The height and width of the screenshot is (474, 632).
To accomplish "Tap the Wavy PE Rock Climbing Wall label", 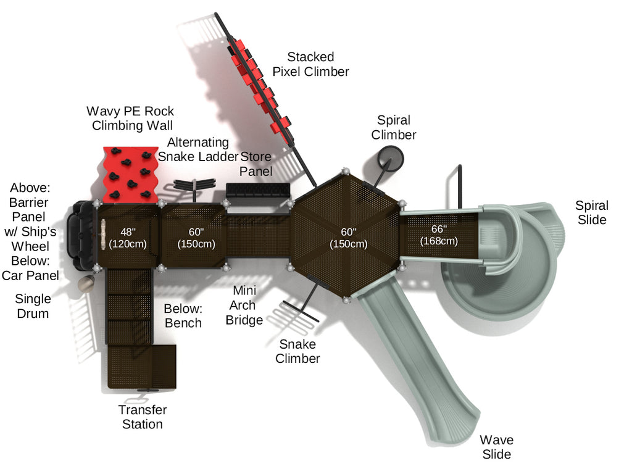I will point(130,118).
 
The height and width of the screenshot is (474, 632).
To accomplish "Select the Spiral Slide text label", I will point(591,212).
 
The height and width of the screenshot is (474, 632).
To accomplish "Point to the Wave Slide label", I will point(496,447).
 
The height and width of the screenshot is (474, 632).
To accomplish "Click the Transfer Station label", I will point(143,417).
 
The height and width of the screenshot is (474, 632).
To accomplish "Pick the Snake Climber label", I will point(297,351).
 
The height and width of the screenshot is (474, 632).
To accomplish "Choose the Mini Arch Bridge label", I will point(244,305).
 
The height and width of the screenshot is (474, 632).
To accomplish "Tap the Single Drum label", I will point(33,306).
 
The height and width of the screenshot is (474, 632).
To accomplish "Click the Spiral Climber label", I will point(394,127).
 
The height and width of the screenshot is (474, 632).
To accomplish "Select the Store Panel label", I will point(256,164).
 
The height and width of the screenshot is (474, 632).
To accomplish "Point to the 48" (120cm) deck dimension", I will point(128,238).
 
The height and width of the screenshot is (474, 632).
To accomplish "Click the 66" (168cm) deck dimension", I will point(439,235).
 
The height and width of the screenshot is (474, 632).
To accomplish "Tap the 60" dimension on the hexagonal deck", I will point(349,238).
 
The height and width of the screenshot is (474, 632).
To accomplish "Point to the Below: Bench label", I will point(183,315).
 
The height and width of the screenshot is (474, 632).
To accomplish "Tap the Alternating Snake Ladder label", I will point(197,149).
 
